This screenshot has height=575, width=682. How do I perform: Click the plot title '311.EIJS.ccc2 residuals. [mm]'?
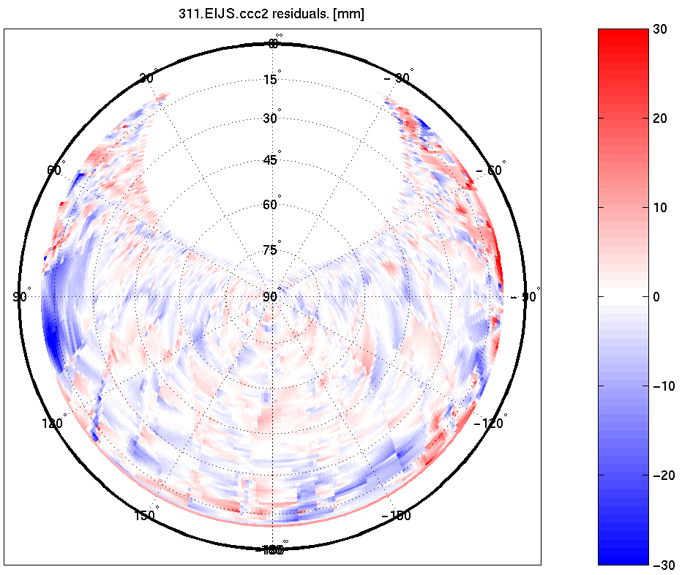click(271, 14)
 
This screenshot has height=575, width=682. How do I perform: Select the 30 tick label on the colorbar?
click(661, 29)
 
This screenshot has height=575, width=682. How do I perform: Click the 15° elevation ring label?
click(271, 79)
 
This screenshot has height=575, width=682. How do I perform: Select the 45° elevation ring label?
click(271, 160)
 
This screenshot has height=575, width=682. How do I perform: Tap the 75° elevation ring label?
click(271, 250)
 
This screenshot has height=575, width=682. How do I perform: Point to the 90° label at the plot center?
click(271, 296)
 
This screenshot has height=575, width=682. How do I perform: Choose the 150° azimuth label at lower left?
click(144, 516)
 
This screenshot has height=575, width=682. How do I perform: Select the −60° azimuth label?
click(491, 170)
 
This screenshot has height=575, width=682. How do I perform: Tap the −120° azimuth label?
click(491, 423)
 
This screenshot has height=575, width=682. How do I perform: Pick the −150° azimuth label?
click(399, 516)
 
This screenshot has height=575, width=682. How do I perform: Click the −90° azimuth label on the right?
click(525, 296)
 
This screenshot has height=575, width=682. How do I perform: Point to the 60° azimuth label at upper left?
click(55, 170)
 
